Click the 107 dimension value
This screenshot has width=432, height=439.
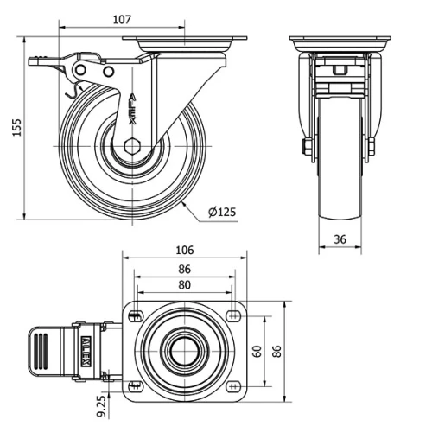pyautogui.click(x=122, y=20)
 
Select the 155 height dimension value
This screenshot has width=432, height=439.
pyautogui.click(x=17, y=127)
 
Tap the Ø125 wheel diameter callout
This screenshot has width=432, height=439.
pyautogui.click(x=222, y=212)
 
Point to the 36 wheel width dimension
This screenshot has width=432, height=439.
pyautogui.click(x=340, y=239)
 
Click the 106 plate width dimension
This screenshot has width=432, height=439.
pyautogui.click(x=185, y=250)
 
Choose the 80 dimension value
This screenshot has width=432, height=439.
pyautogui.click(x=184, y=285)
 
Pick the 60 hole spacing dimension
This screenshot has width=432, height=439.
pyautogui.click(x=257, y=351)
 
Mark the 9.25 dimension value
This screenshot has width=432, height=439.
pyautogui.click(x=101, y=406)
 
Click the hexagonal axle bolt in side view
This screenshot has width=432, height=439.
pyautogui.click(x=132, y=146)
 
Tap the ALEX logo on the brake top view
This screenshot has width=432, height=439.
pyautogui.click(x=86, y=351)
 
